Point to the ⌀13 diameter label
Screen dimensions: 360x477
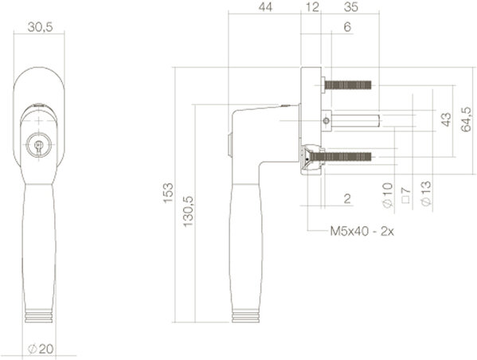425,198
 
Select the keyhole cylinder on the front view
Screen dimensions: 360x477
37,146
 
